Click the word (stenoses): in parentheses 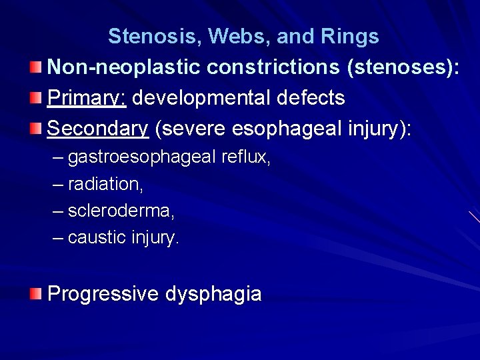[401, 67]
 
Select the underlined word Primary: [87, 98]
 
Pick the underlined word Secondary [98, 129]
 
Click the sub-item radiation [105, 185]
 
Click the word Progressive [103, 294]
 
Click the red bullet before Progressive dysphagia [37, 293]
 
